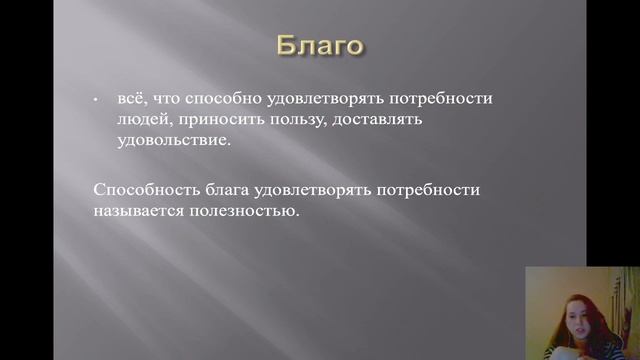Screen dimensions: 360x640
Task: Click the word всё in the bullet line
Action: tap(130, 100)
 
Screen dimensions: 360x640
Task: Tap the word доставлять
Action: tap(382, 120)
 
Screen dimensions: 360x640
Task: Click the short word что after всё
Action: tap(166, 100)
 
